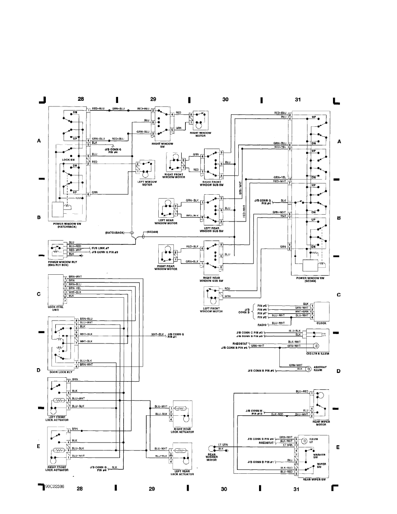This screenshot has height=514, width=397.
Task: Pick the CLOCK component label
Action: tap(321, 323)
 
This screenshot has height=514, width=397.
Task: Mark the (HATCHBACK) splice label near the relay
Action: tap(115, 232)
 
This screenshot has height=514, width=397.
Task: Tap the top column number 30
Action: tap(225, 100)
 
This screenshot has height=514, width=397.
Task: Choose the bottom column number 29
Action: tap(151, 489)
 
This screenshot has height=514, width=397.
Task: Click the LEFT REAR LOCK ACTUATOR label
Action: tap(182, 473)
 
